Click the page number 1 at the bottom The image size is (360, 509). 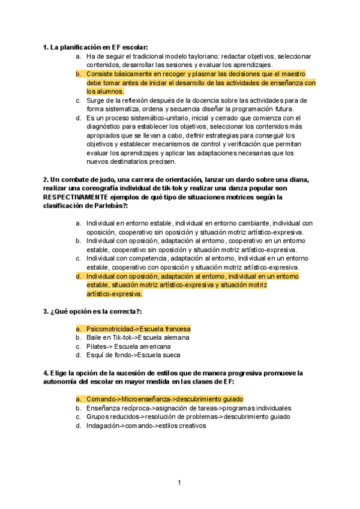pyautogui.click(x=179, y=482)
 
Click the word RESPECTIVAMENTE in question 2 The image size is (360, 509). pyautogui.click(x=77, y=196)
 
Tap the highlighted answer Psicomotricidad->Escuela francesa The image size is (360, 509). pyautogui.click(x=138, y=329)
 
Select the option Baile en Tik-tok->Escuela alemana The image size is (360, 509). pyautogui.click(x=138, y=337)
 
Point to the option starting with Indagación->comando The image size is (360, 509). pyautogui.click(x=146, y=426)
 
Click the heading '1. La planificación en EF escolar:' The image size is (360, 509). pyautogui.click(x=95, y=47)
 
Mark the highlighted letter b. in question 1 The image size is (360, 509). pyautogui.click(x=79, y=74)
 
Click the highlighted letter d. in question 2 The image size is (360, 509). pyautogui.click(x=79, y=276)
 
